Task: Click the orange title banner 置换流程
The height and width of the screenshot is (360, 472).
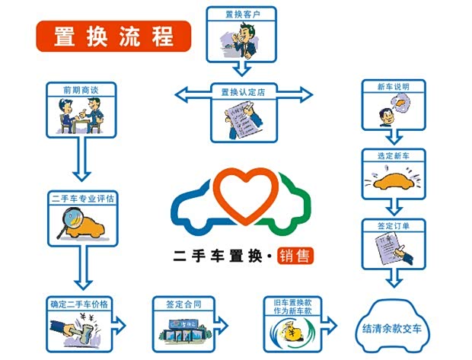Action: click(113, 36)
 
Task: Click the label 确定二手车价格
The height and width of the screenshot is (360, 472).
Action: click(80, 304)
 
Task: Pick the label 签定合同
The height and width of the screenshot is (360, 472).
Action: click(183, 304)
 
